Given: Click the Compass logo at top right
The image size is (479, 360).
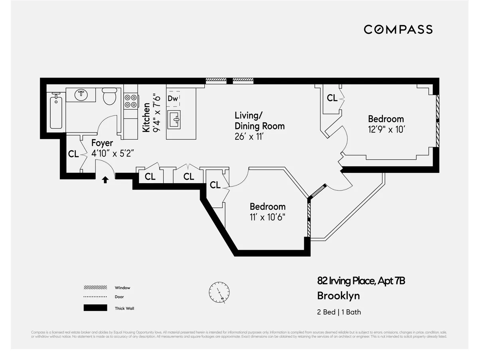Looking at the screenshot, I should tap(398, 30).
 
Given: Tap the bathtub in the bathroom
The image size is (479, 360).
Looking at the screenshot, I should tap(56, 111).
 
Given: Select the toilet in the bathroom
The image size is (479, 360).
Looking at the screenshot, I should tap(109, 96).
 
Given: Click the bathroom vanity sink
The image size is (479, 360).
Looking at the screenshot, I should tap(81, 95).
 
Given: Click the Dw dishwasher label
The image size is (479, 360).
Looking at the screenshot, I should tap(172, 98).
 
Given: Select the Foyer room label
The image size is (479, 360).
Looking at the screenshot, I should tap(102, 143).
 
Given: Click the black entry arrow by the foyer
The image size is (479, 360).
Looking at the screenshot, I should tap(105, 180).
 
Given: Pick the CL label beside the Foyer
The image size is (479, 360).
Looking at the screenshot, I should tap(73, 154).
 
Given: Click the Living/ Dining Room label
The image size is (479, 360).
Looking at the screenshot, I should tap(259, 121).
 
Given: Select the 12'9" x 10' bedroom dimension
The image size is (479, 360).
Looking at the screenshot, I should tap(386, 129).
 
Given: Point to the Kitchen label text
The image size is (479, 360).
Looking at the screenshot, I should tap(146, 117).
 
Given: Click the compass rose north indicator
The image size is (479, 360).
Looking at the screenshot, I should tap(219, 292).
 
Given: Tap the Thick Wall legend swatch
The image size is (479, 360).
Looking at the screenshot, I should tap(95, 308).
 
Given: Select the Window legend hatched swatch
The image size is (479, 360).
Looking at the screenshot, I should tap(95, 287).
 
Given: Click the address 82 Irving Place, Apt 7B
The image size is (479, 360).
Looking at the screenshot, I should tap(361, 281).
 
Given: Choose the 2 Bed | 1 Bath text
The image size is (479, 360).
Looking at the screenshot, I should tap(339, 312).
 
